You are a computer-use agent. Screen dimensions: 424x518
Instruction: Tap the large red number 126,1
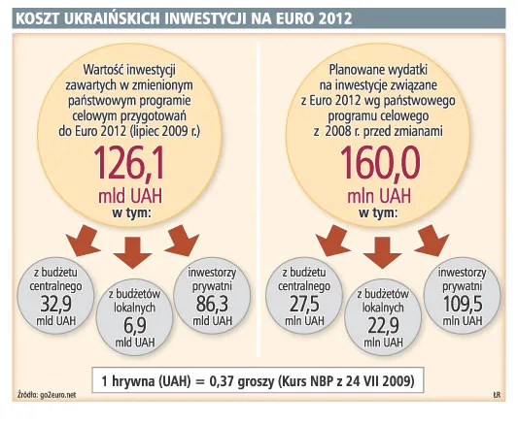[137, 162]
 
